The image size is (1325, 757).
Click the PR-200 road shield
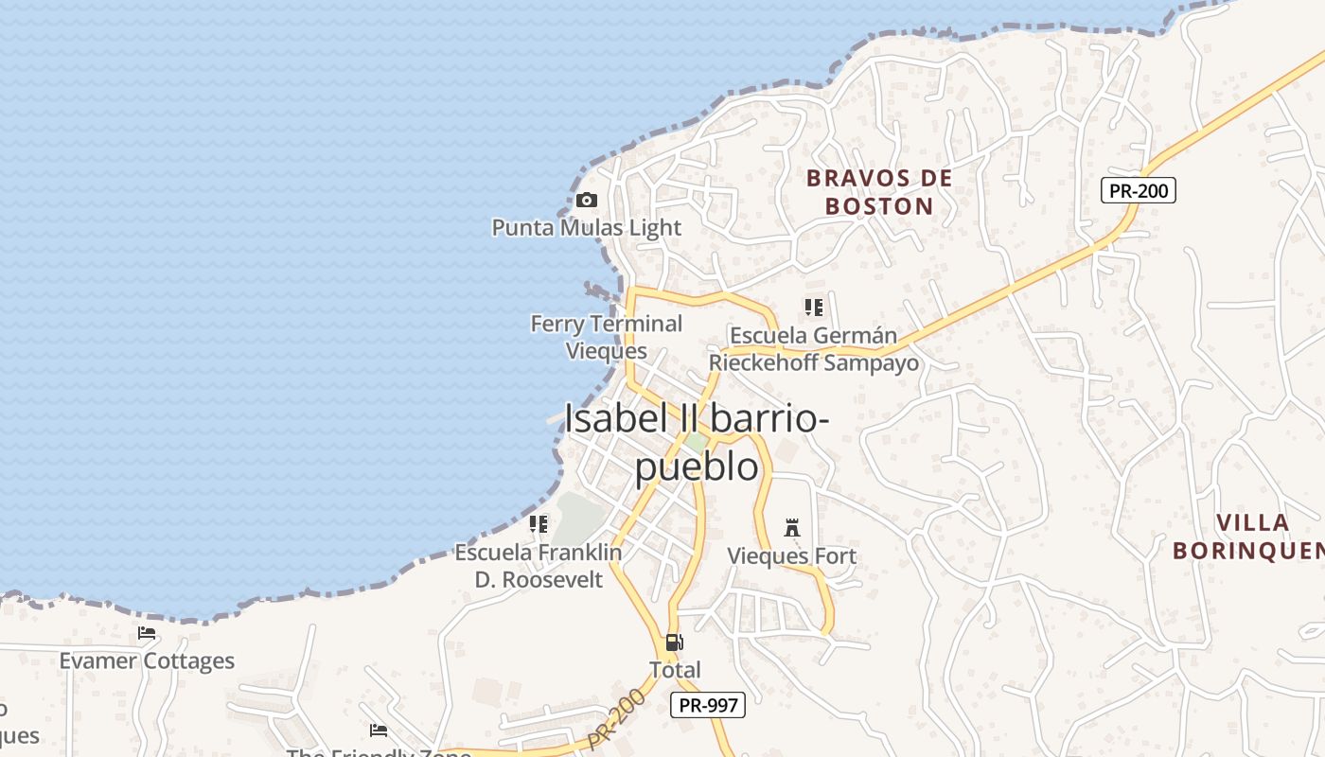point(1139,190)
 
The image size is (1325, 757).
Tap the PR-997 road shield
point(708,705)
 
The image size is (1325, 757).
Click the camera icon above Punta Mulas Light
point(587,200)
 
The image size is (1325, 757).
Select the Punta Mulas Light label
point(586,227)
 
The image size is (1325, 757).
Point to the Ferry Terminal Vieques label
point(607,337)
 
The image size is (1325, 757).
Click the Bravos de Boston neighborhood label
point(879,192)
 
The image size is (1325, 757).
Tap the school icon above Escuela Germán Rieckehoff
point(814,308)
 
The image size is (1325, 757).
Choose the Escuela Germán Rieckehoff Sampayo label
point(814,349)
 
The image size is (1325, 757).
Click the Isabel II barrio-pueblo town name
point(697,442)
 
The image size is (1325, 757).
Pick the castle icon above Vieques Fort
point(792,528)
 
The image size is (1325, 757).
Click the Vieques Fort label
point(791,556)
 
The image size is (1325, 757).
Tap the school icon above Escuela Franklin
point(539,523)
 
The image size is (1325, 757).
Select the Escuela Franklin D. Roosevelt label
point(539,566)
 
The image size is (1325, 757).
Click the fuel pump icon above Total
point(674,643)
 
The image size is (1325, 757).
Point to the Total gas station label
point(675,670)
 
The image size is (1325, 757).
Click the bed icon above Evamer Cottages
point(147,633)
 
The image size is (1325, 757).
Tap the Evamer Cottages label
point(147,660)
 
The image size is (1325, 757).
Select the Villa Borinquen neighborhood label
point(1247,537)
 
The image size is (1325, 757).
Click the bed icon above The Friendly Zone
point(379,730)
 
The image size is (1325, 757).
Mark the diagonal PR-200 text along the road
point(616,721)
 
